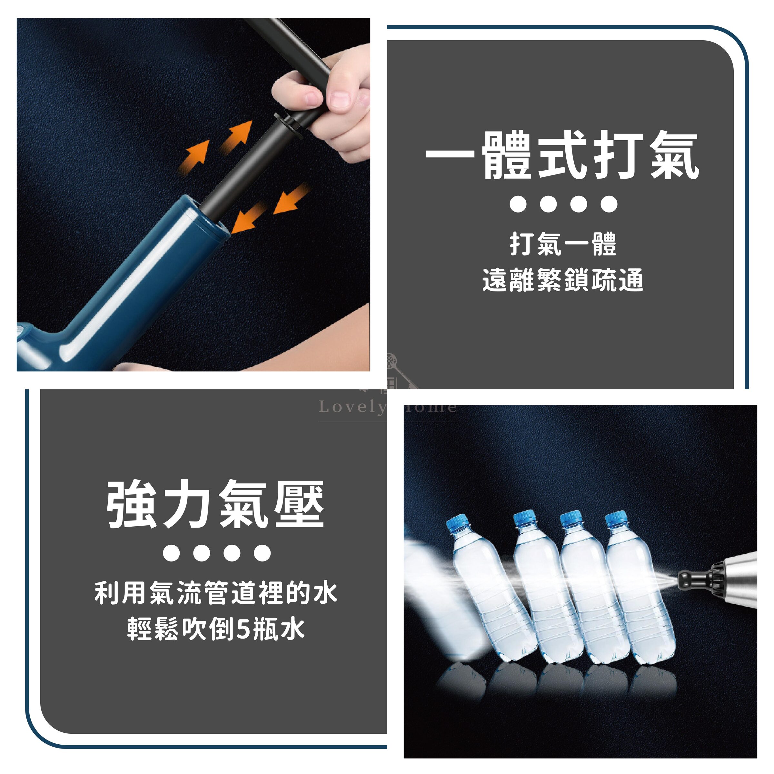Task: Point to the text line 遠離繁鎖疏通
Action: coord(562,280)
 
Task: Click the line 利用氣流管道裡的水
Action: coord(215,593)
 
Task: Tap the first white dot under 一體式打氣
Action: coord(518,204)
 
